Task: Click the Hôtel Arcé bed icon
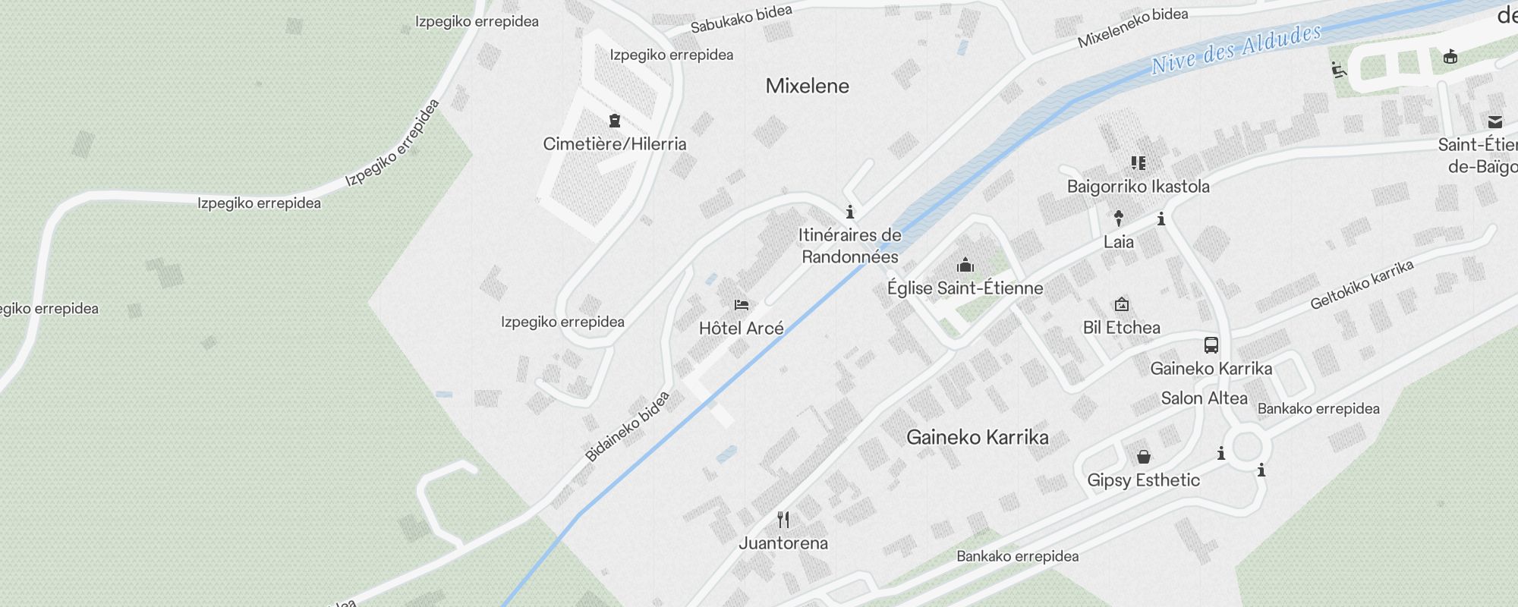742,305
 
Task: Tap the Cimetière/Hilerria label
615,144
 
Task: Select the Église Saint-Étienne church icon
965,265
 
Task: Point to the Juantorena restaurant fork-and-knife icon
783,520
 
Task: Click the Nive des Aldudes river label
1236,49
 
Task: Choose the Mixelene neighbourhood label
807,86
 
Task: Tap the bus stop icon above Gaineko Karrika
1211,345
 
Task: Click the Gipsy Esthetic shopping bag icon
1144,457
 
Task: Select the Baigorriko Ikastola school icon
1138,162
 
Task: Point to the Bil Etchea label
1121,328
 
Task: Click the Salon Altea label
1204,398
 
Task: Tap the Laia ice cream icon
1118,219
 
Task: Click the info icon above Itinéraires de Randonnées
850,212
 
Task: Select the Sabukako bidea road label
741,19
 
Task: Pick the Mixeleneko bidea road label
1132,28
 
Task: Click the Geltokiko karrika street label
1362,285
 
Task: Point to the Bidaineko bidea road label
628,426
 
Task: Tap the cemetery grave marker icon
615,121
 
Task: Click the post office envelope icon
1494,121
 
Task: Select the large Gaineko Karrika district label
978,437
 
